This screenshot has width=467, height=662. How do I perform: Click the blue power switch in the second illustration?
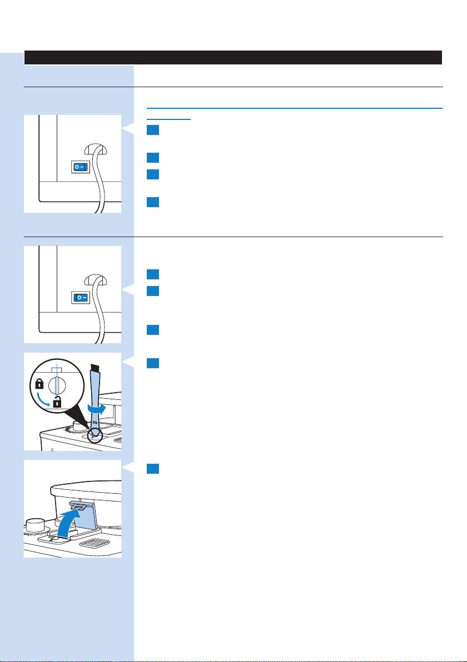[x=82, y=298]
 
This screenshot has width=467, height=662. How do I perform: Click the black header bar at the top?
[x=233, y=57]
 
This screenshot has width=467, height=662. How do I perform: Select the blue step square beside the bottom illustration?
[x=154, y=470]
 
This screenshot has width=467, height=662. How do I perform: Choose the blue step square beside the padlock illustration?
[x=154, y=363]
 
